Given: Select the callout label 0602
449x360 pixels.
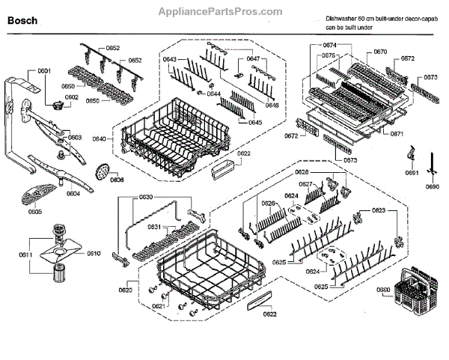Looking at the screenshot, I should tap(71, 97).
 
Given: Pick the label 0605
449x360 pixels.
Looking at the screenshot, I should tap(35, 212).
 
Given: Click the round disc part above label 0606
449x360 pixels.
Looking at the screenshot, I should tap(102, 171).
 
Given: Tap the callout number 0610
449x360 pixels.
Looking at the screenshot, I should tap(93, 254).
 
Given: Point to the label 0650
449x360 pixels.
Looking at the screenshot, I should tap(92, 100).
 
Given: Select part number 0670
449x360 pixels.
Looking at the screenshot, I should tap(380, 52).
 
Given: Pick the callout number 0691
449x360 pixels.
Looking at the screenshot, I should tap(411, 174).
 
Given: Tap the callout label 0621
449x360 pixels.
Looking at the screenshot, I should tap(159, 306).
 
